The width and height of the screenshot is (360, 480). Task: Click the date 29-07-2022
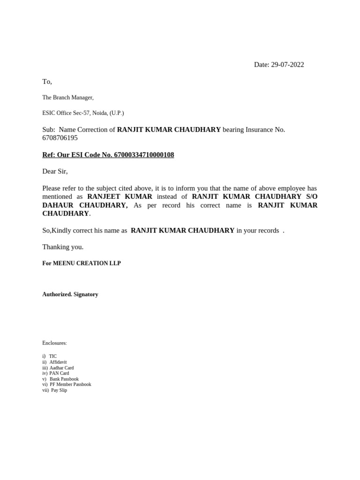point(287,65)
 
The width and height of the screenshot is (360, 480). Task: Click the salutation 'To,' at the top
point(47,82)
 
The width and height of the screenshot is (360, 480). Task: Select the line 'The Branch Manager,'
point(68,97)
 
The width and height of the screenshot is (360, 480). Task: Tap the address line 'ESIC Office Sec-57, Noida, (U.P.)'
point(83,113)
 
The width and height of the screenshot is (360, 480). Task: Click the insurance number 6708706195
point(60,138)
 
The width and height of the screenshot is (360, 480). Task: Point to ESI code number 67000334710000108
point(144,155)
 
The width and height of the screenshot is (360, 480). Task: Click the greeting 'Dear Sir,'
point(55,172)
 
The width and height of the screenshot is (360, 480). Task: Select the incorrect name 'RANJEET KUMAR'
point(120,197)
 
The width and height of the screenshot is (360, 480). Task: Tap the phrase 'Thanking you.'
point(63,247)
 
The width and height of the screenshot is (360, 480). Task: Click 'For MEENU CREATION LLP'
point(82,263)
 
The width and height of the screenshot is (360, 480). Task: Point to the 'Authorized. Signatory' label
point(70,294)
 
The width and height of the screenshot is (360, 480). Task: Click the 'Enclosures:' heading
point(54,343)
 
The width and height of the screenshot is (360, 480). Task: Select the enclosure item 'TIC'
point(52,356)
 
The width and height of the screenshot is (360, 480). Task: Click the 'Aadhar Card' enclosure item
point(61,368)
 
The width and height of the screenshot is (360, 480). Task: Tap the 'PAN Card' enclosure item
point(59,374)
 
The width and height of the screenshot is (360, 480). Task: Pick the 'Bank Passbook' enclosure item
point(64,379)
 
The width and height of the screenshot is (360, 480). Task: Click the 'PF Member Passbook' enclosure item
point(70,384)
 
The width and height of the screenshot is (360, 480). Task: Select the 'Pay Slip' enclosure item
point(59,390)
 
